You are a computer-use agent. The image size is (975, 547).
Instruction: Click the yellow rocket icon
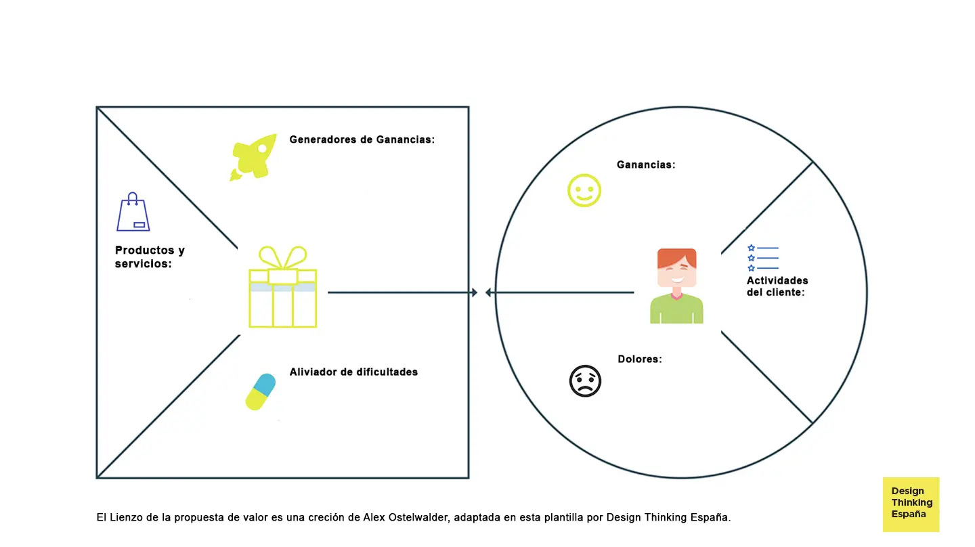[x=254, y=156]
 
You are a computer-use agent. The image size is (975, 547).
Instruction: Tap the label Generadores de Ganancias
[x=362, y=139]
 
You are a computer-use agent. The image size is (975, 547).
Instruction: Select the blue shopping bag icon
[x=133, y=213]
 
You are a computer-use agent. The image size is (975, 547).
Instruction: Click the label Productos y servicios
[x=150, y=257]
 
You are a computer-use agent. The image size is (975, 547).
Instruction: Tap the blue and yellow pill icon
[x=261, y=391]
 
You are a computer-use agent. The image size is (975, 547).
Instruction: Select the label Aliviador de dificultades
[x=353, y=372]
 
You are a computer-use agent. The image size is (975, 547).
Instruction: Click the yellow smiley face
[x=584, y=190]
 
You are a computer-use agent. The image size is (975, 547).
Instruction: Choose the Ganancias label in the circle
[x=645, y=165]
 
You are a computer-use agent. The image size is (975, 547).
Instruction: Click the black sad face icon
[x=585, y=381]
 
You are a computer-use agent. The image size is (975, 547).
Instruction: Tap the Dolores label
[x=640, y=359]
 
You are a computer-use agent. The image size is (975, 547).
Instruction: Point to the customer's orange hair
[x=676, y=257]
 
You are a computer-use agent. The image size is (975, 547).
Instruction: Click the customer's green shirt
[x=676, y=311]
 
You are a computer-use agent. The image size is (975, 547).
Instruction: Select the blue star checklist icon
[x=762, y=258]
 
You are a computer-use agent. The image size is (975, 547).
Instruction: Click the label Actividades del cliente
[x=777, y=286]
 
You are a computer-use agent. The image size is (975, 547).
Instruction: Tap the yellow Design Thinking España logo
[x=911, y=503]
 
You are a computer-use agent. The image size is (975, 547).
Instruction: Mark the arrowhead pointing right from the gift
[x=474, y=292]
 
